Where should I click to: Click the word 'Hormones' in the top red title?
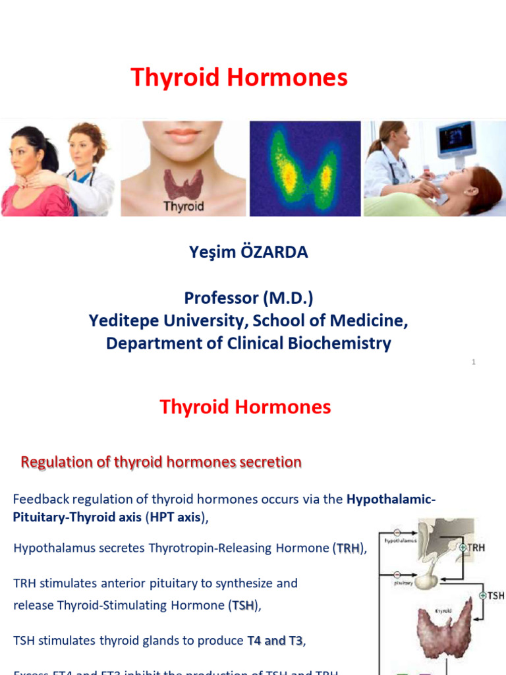(x=287, y=78)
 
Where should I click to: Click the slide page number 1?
(x=474, y=362)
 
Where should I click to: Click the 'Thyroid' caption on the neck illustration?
(x=184, y=206)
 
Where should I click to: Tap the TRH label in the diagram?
(x=478, y=547)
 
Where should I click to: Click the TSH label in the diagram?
(x=495, y=595)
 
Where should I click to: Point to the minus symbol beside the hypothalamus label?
(x=397, y=533)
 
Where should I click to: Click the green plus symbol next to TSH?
(x=482, y=595)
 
